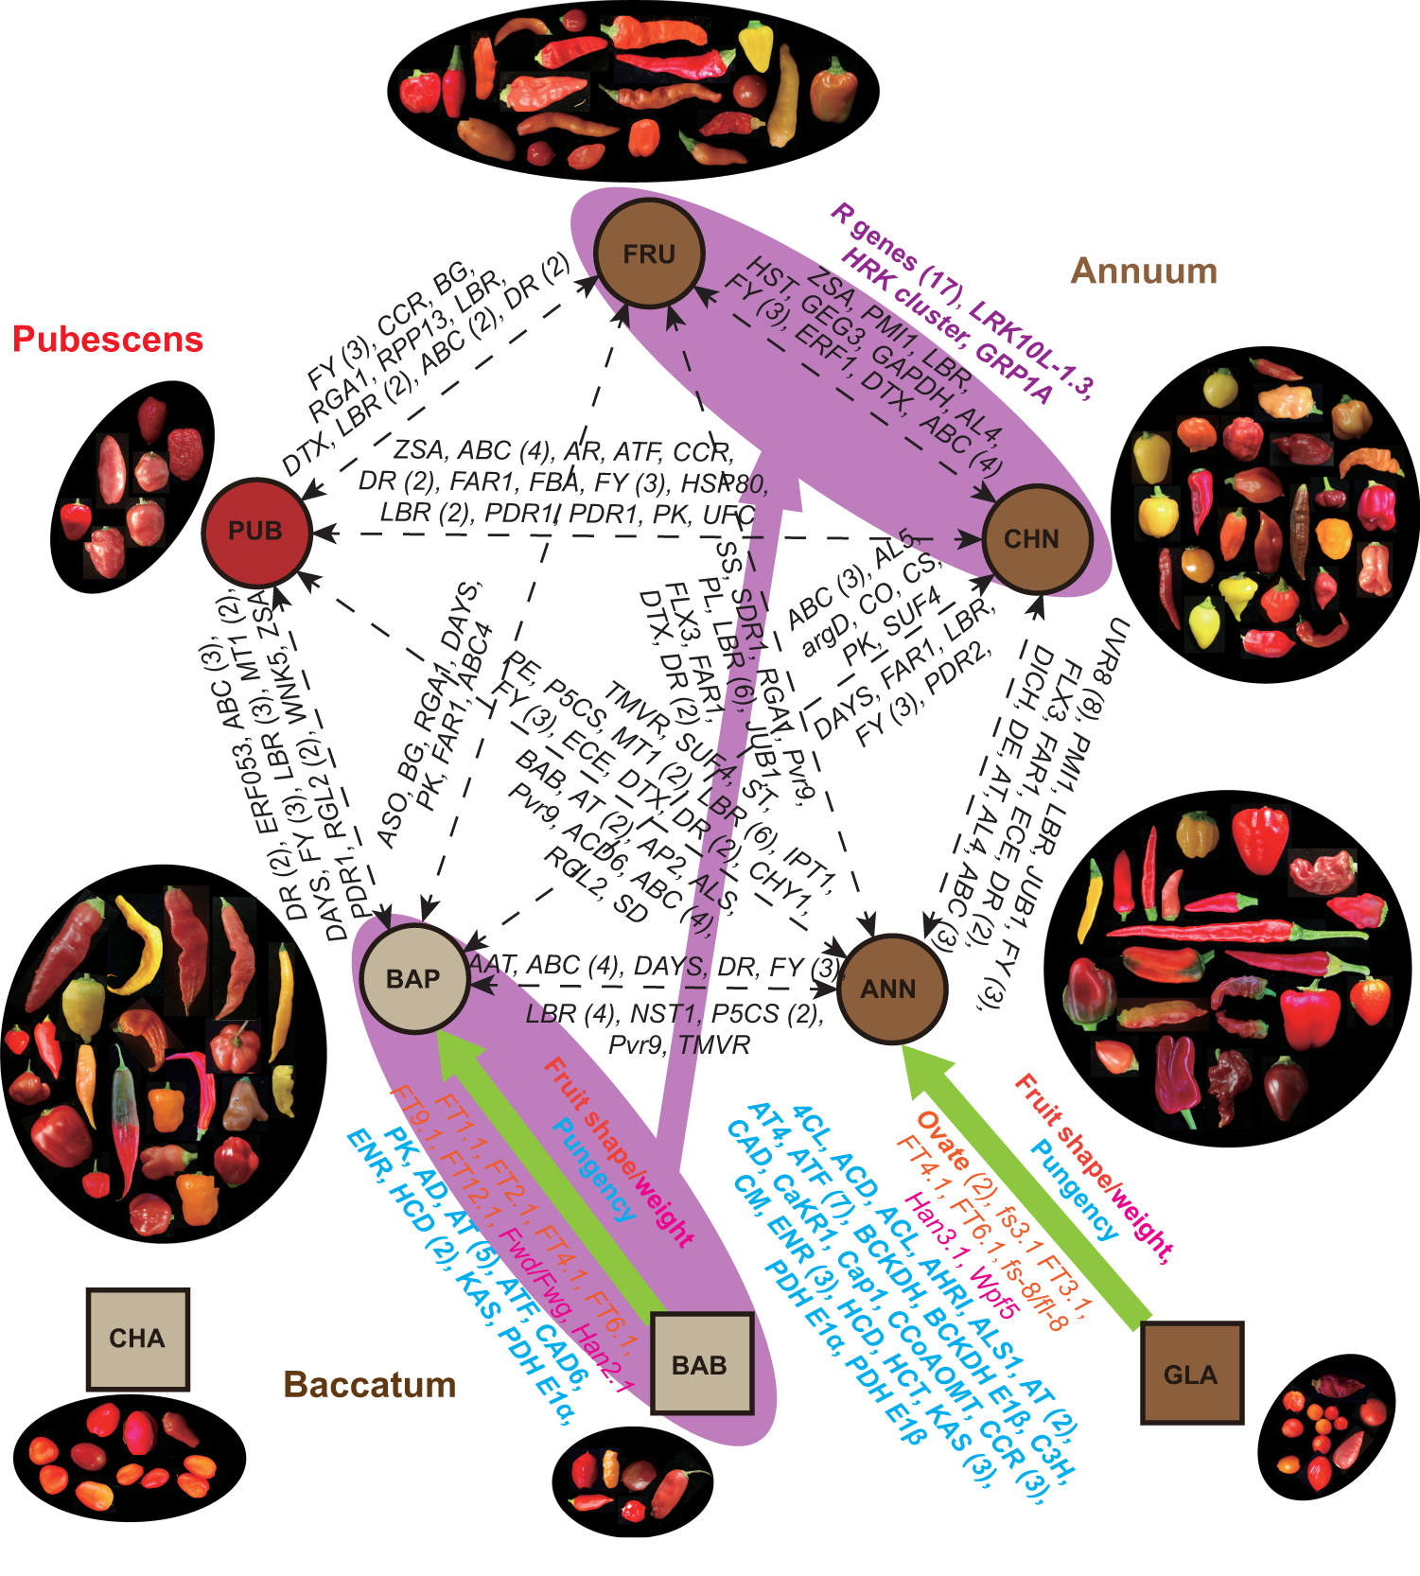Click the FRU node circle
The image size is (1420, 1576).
pyautogui.click(x=649, y=254)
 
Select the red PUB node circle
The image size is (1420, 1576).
pyautogui.click(x=255, y=531)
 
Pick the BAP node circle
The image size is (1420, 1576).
pyautogui.click(x=413, y=978)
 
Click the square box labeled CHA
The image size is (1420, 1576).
pyautogui.click(x=137, y=1338)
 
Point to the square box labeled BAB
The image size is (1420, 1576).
pyautogui.click(x=700, y=1364)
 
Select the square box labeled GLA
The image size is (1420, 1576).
pyautogui.click(x=1190, y=1374)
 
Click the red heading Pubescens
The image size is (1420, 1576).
pyautogui.click(x=108, y=340)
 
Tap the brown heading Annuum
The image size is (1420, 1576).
pyautogui.click(x=1143, y=271)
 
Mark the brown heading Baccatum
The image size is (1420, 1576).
pyautogui.click(x=370, y=1385)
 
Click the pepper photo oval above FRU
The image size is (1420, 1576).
pyautogui.click(x=633, y=90)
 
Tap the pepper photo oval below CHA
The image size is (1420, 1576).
pyautogui.click(x=129, y=1458)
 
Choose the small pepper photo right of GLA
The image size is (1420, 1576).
pyautogui.click(x=1325, y=1430)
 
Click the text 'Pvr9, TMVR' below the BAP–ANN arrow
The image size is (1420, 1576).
pyautogui.click(x=678, y=1045)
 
